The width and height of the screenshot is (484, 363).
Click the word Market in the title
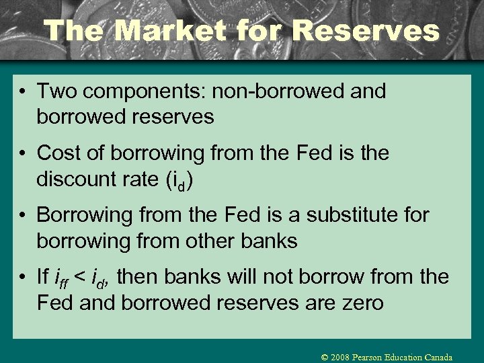[x=156, y=30]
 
